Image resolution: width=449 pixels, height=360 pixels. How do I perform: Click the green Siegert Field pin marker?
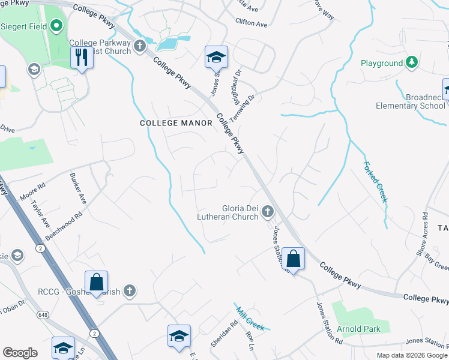click(x=56, y=26)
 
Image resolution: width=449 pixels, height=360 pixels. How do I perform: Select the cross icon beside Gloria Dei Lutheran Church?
click(x=267, y=211)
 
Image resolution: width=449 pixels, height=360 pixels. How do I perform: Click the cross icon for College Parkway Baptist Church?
click(x=140, y=46)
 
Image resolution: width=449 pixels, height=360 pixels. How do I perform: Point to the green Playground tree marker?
click(x=411, y=62)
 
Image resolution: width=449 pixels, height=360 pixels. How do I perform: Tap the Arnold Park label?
click(x=358, y=329)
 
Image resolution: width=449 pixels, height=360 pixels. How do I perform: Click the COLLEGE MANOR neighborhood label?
click(x=176, y=123)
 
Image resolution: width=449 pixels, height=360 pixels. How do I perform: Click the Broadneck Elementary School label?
click(x=411, y=101)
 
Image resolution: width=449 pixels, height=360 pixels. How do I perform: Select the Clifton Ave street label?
click(x=251, y=24)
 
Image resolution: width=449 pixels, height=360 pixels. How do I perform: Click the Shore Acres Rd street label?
click(x=421, y=234)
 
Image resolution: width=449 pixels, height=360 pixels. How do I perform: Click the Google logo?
click(x=20, y=353)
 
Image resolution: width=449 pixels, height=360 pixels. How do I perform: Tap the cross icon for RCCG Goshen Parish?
click(x=129, y=292)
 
